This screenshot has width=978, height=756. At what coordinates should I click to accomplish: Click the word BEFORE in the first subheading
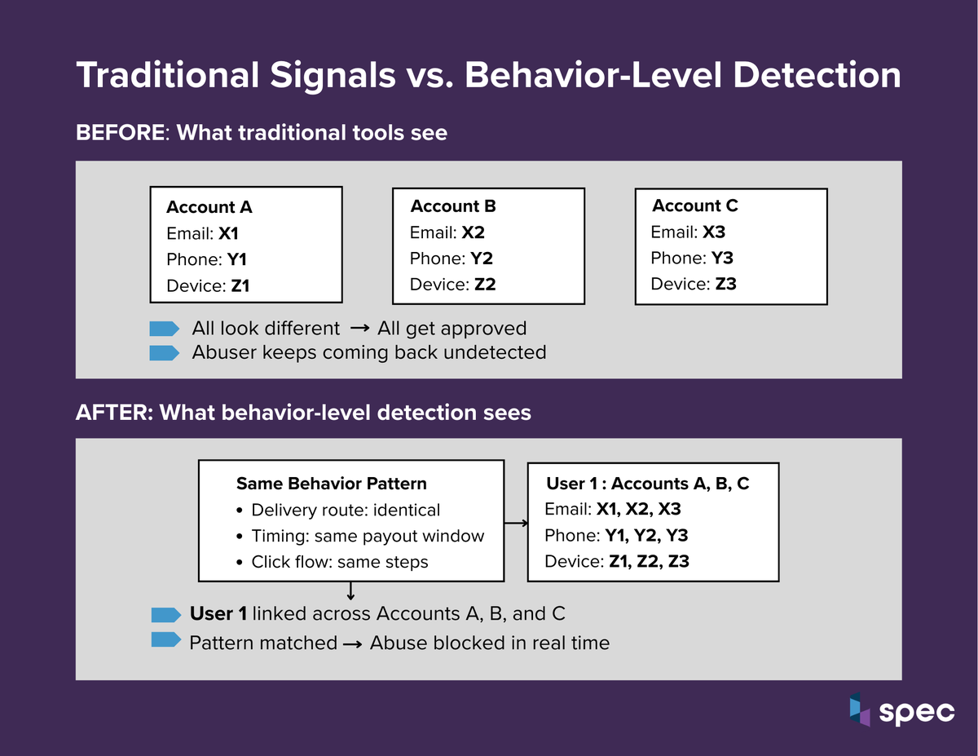click(x=120, y=132)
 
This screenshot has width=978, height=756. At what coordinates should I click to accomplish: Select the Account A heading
click(x=209, y=207)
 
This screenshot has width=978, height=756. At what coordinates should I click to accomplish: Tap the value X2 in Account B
click(x=473, y=232)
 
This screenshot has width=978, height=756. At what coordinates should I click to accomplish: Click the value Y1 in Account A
click(x=236, y=259)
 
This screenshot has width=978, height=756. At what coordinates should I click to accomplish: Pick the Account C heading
click(x=695, y=206)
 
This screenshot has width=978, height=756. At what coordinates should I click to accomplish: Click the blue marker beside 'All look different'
click(x=164, y=329)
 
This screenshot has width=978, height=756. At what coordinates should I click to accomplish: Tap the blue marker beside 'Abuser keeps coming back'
click(x=164, y=353)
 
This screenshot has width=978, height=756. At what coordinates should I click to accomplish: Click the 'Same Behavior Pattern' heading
click(x=331, y=484)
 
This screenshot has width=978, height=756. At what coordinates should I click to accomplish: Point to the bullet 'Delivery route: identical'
click(x=346, y=511)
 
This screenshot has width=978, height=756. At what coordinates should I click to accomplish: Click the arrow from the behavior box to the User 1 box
click(x=515, y=523)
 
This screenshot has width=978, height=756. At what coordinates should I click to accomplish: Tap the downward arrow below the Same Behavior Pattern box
click(x=350, y=590)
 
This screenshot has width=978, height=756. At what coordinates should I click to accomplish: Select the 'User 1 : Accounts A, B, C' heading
click(x=647, y=484)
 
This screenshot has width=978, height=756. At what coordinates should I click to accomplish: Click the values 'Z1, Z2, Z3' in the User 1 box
click(x=649, y=561)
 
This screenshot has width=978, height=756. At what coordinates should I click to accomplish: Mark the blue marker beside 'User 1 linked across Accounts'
click(x=165, y=614)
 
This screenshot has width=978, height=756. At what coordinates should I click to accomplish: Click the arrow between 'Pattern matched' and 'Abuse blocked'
click(x=353, y=644)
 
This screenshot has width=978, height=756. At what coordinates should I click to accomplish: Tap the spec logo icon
click(x=859, y=710)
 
